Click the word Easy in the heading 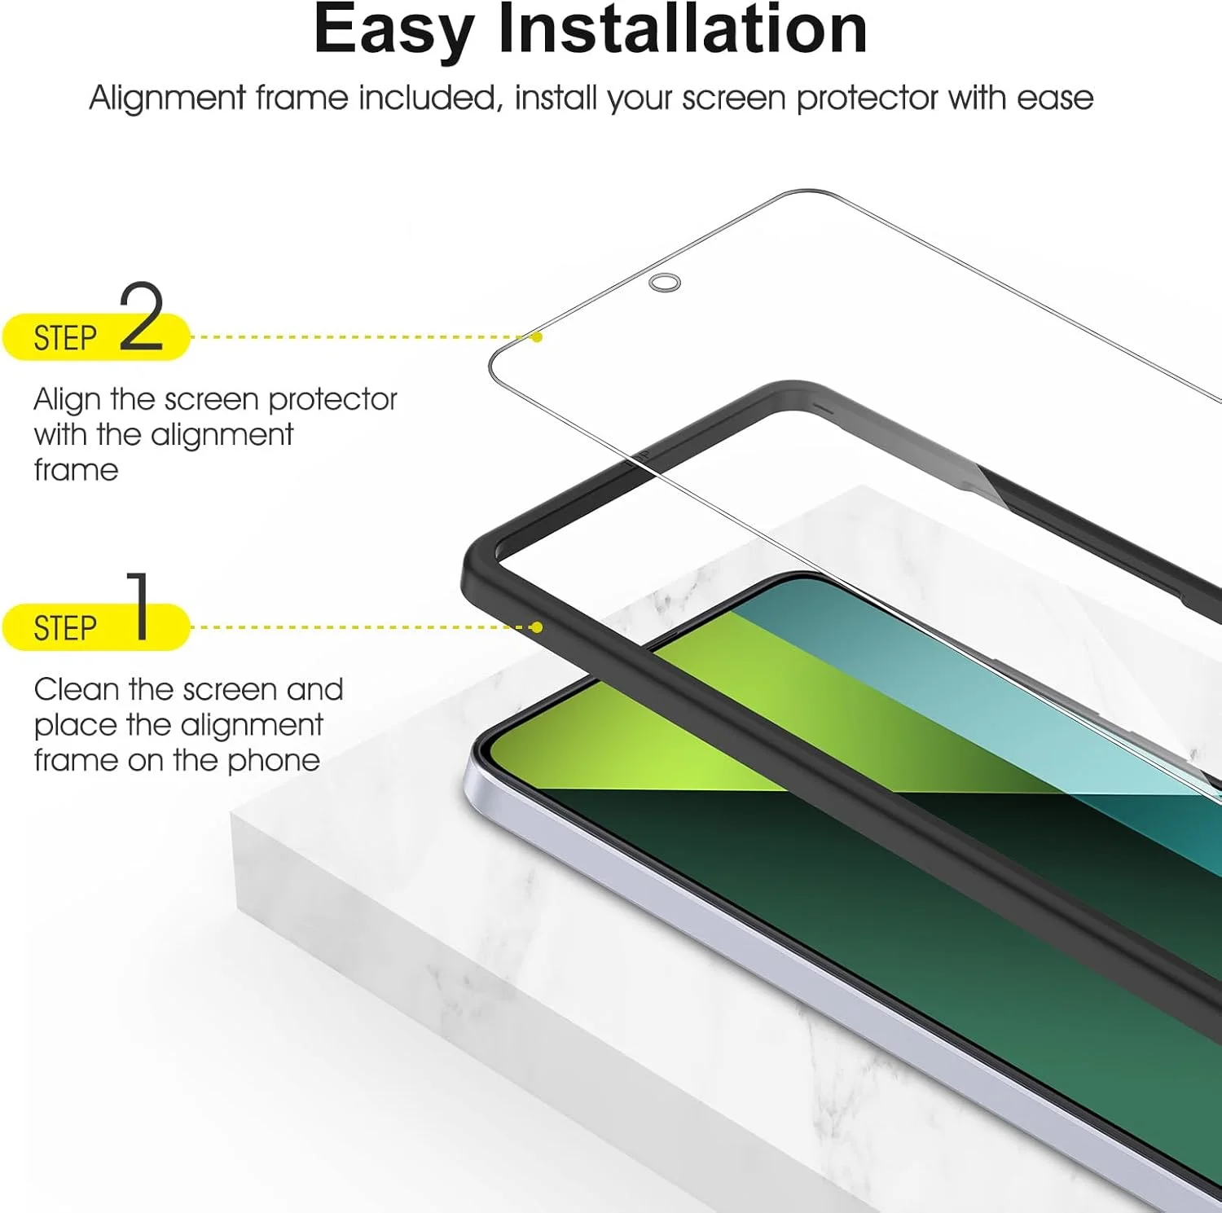394,31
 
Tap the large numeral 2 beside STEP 143,316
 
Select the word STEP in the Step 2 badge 65,338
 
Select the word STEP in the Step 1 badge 65,628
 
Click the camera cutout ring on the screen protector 665,283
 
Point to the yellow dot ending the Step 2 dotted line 536,336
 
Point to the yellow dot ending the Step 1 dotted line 536,626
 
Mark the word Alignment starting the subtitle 167,99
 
